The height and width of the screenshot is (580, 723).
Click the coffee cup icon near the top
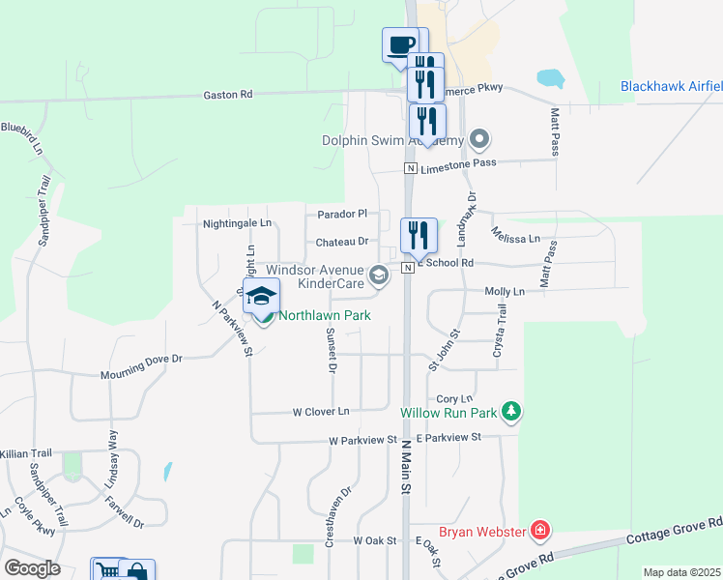[400, 44]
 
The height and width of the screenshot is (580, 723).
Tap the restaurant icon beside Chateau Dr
[419, 235]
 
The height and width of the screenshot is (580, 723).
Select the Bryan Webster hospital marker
[539, 531]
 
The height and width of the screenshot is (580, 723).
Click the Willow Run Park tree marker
[511, 413]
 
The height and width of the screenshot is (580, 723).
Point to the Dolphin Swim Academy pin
[477, 139]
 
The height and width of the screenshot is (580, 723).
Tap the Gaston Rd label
[228, 95]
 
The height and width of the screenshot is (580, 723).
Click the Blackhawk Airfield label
[671, 86]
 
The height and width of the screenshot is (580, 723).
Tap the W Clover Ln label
[320, 412]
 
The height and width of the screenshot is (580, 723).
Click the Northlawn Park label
[325, 315]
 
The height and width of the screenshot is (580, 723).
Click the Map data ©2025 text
[681, 572]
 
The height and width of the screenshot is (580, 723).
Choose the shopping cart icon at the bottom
[107, 571]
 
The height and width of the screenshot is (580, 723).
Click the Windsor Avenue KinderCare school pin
[380, 276]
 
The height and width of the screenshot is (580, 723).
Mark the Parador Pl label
[342, 214]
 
